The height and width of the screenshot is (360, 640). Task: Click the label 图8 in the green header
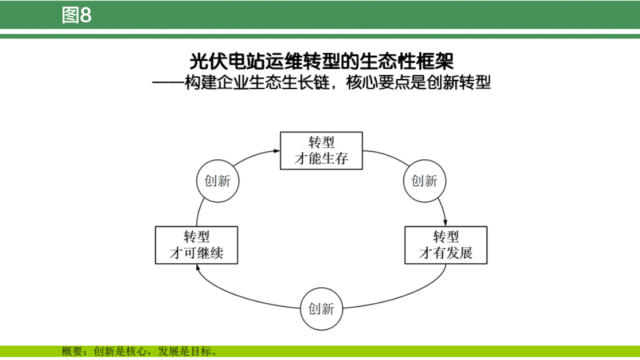(77, 15)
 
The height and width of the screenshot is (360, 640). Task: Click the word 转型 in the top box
(321, 142)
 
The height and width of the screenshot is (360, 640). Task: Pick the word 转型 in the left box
(196, 236)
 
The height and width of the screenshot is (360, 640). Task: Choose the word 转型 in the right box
(446, 236)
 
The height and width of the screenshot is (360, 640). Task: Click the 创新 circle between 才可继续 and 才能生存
(217, 181)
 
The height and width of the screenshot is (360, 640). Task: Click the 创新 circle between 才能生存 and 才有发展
(424, 181)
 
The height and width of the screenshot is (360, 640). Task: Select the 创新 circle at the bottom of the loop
(321, 309)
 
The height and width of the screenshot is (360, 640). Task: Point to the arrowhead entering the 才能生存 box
(276, 151)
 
